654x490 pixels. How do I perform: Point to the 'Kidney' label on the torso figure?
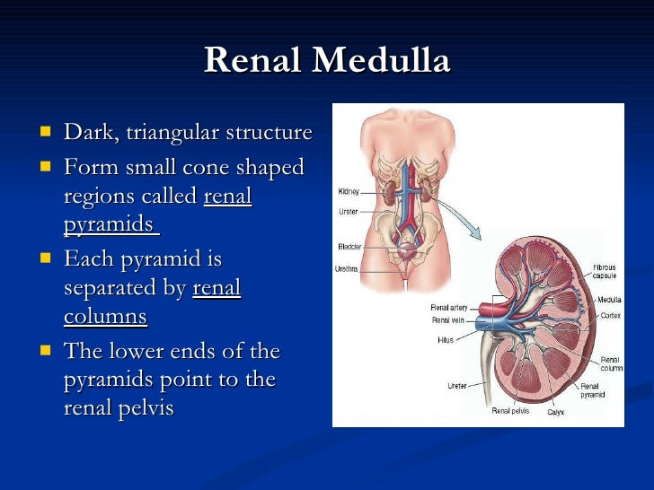348,191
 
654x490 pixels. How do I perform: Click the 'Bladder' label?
349,247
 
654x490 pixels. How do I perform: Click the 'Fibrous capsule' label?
605,272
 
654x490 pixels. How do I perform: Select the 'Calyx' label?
556,412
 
